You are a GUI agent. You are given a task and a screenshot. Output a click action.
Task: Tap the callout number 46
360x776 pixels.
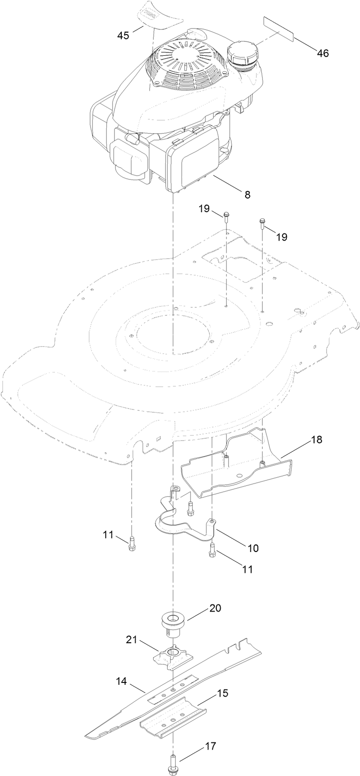(323, 53)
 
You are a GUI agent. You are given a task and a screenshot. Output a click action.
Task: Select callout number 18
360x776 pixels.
(316, 440)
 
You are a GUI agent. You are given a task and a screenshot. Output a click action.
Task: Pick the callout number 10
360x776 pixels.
(253, 548)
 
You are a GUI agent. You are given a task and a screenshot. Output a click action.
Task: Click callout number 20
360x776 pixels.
(215, 608)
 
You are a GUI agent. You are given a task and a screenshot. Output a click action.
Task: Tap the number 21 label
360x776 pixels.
(131, 640)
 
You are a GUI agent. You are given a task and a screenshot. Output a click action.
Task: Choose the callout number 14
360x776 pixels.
(122, 681)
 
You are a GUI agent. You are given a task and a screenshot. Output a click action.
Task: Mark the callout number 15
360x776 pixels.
(223, 693)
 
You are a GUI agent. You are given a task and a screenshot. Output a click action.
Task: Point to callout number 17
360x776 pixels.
(211, 746)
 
